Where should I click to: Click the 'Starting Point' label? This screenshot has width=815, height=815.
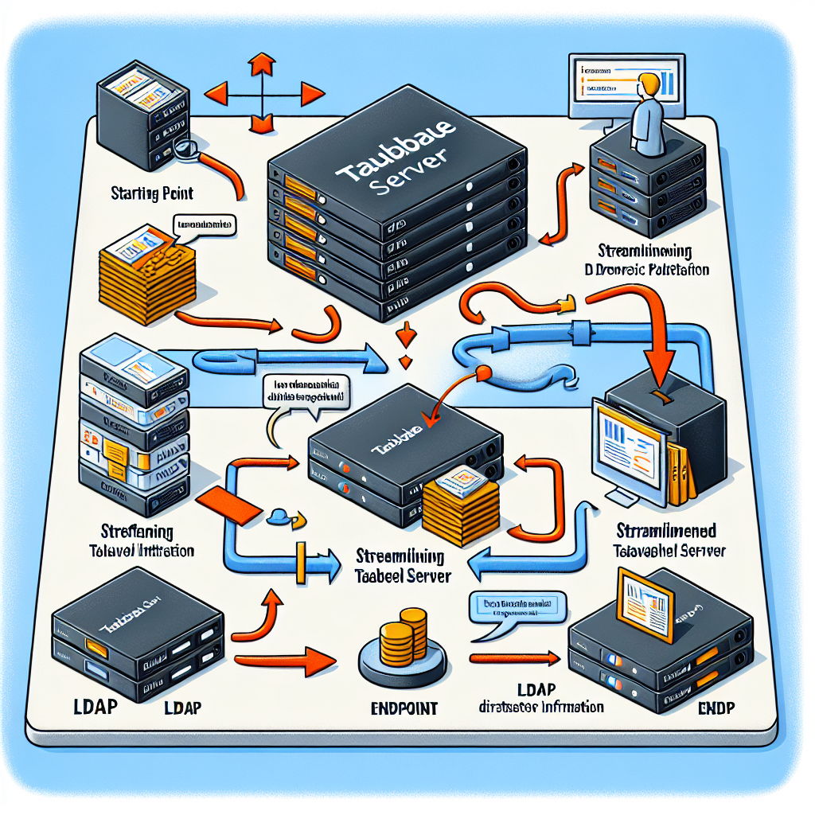point(153,193)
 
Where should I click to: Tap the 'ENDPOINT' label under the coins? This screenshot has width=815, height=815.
point(404,707)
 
